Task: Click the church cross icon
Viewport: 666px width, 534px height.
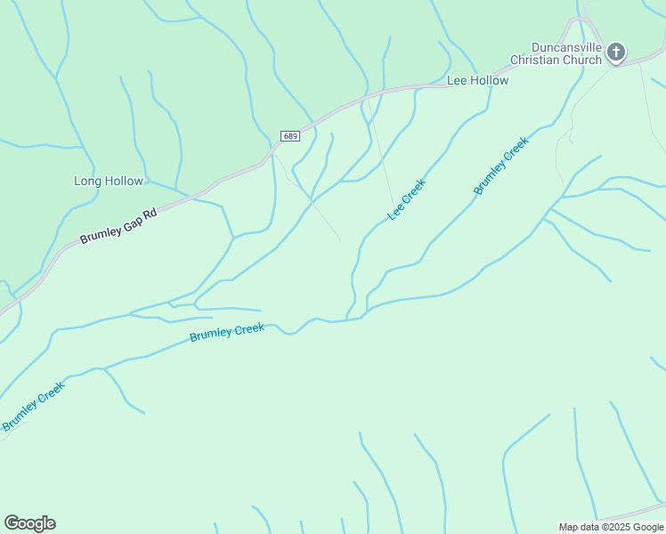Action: click(x=615, y=53)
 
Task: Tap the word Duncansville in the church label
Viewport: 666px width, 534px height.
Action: click(x=566, y=47)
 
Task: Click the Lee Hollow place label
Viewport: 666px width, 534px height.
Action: click(x=477, y=81)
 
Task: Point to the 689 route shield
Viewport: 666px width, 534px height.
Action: click(x=289, y=136)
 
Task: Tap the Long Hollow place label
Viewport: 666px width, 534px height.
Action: click(x=108, y=181)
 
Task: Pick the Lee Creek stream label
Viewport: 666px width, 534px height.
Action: click(x=407, y=199)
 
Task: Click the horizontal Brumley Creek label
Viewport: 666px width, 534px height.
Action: click(x=227, y=332)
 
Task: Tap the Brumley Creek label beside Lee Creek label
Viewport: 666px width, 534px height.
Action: click(x=501, y=166)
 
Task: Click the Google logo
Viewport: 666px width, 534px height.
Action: click(x=29, y=523)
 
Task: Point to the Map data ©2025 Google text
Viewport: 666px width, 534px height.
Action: click(x=611, y=527)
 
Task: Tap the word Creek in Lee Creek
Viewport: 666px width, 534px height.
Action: click(x=414, y=190)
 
